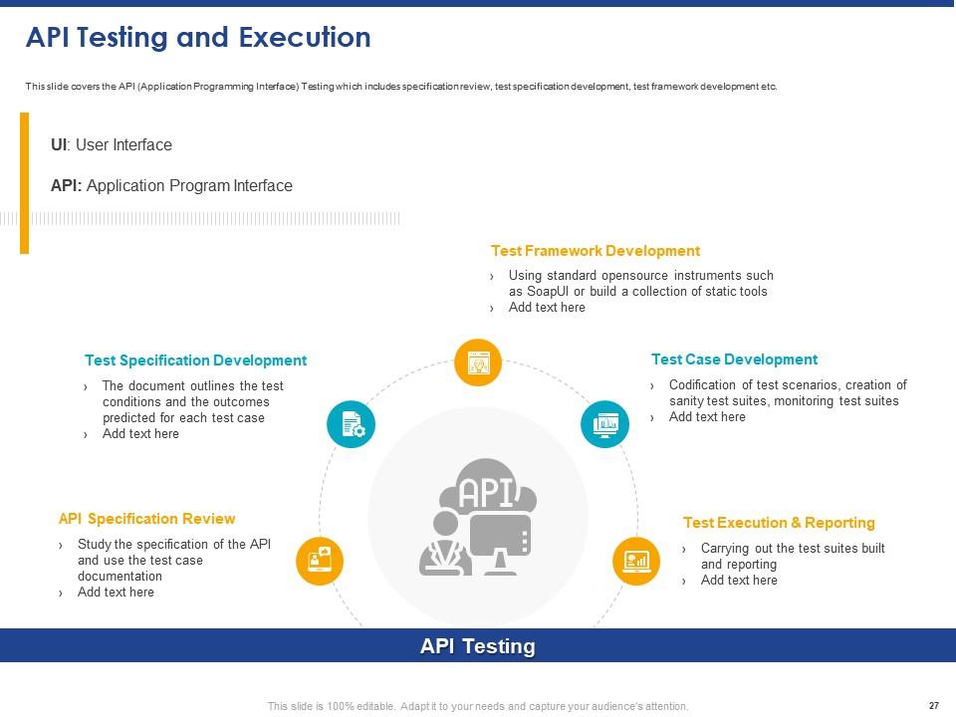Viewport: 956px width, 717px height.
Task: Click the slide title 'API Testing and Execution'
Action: coord(198,38)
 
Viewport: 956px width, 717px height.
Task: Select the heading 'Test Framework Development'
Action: coord(595,251)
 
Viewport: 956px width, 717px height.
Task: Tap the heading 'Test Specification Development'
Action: coord(195,360)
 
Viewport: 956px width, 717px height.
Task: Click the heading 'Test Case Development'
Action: coord(734,359)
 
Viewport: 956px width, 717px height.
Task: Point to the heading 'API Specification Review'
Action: coord(146,519)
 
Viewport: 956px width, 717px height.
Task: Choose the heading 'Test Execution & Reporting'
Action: coord(778,523)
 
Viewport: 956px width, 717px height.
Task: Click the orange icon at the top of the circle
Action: coord(478,362)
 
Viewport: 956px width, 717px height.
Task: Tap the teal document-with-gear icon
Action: coord(352,424)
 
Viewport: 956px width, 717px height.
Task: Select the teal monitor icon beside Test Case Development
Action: coord(604,424)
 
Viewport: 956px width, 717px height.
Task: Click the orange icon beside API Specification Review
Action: coord(320,561)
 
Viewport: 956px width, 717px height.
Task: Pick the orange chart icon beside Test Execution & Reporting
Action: coord(636,561)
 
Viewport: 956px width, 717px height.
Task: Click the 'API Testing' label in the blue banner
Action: coord(478,646)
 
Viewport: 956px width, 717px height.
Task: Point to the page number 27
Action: coord(933,705)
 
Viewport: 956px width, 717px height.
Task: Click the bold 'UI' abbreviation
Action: coord(59,145)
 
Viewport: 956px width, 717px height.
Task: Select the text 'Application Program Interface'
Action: coord(190,186)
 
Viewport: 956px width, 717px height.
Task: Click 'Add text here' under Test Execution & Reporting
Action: coord(739,581)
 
